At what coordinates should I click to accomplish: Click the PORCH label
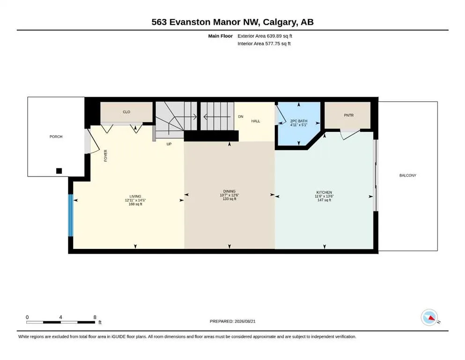(x=56, y=136)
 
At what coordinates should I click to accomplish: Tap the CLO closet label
(x=126, y=112)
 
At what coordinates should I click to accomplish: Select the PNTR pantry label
(x=349, y=115)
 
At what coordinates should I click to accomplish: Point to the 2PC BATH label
(x=299, y=121)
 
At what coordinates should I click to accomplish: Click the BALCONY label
(x=408, y=175)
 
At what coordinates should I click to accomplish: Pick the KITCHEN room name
(x=324, y=192)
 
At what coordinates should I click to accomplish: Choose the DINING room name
(x=229, y=191)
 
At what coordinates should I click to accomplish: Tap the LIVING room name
(x=135, y=196)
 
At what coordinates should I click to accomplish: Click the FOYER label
(x=105, y=156)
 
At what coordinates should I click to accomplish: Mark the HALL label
(x=256, y=121)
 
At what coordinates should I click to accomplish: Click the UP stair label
(x=169, y=144)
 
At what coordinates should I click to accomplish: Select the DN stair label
(x=241, y=117)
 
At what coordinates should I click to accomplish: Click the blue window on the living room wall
(x=71, y=216)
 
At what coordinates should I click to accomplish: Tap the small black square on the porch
(x=59, y=171)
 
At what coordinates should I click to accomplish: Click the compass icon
(x=429, y=317)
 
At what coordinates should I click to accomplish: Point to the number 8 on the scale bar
(x=95, y=317)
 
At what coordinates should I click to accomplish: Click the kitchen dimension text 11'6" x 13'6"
(x=324, y=196)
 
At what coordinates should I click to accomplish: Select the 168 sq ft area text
(x=135, y=204)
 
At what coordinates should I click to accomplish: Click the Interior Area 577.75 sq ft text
(x=264, y=43)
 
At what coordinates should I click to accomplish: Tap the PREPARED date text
(x=232, y=321)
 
